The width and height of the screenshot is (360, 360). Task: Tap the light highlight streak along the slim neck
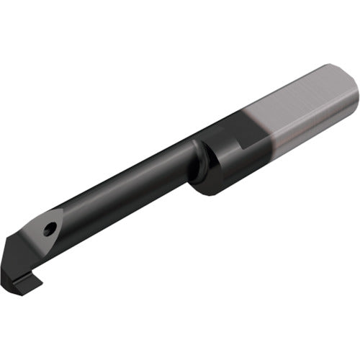[122, 180]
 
